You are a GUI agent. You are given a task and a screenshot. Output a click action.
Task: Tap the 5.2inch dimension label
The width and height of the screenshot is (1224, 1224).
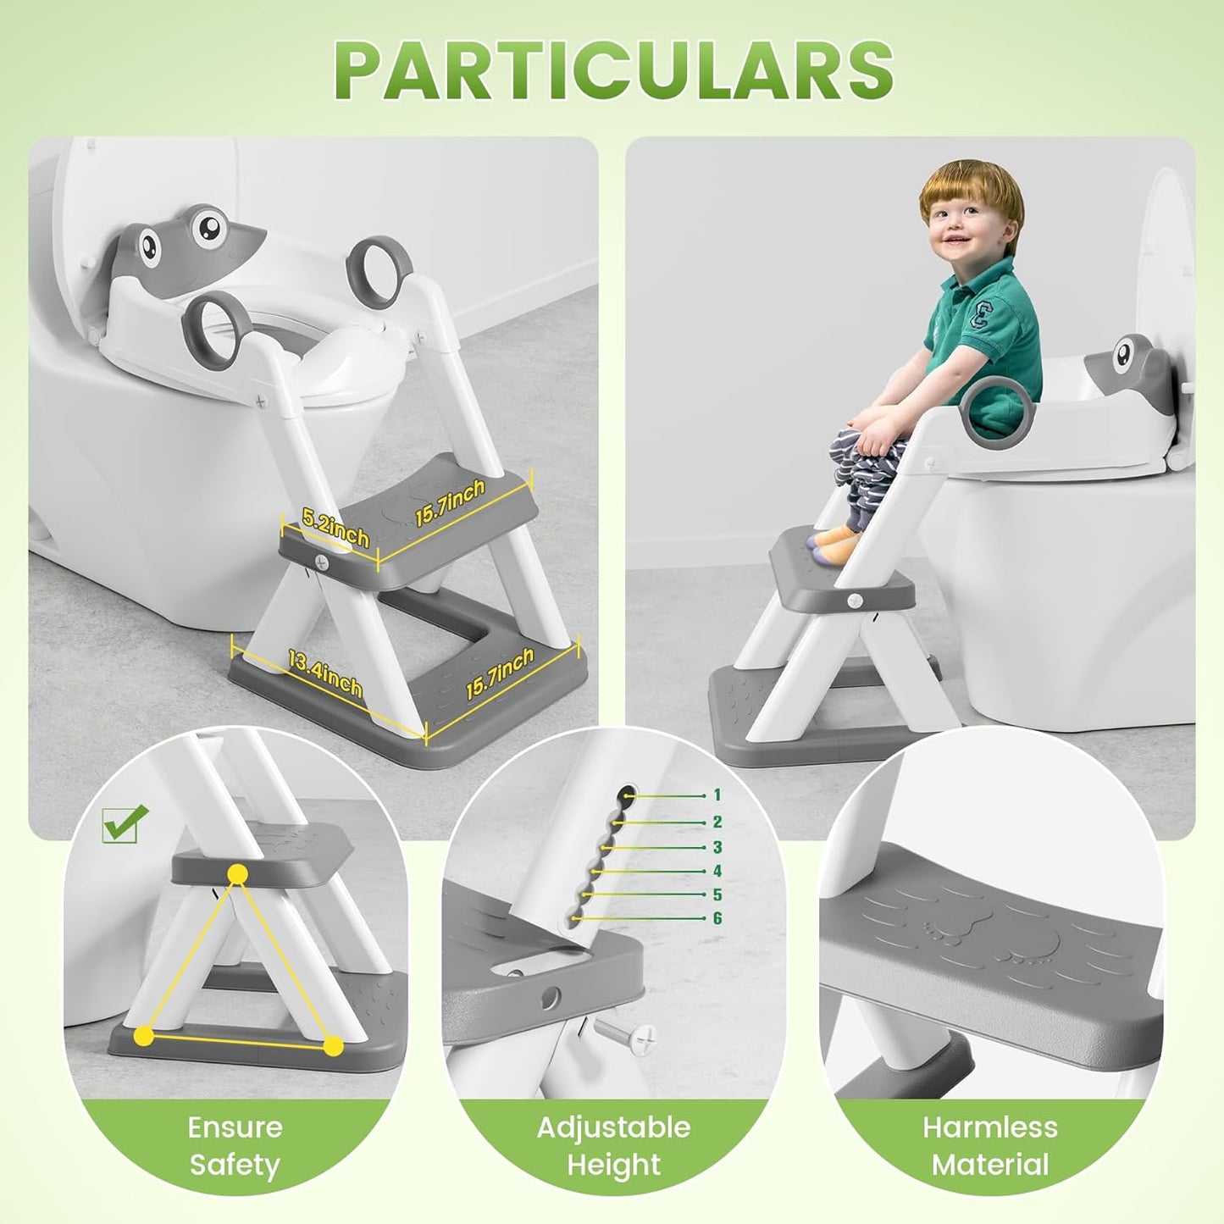(335, 527)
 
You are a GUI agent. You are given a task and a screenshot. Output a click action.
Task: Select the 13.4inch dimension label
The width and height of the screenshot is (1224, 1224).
(324, 675)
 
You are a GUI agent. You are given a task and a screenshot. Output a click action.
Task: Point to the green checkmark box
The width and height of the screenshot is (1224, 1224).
(124, 823)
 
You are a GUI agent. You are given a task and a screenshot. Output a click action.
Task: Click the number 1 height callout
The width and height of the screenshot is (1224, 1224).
(717, 795)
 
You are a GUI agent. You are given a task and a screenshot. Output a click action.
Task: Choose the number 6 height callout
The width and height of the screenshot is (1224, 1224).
(717, 918)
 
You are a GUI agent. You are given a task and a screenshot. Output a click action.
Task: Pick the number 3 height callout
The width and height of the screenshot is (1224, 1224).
(717, 847)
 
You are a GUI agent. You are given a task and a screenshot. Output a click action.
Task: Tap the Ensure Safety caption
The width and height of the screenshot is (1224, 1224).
(235, 1146)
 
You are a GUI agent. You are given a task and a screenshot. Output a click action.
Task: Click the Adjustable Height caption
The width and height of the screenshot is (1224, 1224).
(613, 1146)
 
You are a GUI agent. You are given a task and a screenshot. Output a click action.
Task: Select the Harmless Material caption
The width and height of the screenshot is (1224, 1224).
(990, 1146)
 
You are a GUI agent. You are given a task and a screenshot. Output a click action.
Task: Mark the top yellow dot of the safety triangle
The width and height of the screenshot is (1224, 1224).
(238, 874)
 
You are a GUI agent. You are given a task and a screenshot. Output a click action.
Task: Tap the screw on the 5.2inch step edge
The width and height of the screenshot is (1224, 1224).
(321, 561)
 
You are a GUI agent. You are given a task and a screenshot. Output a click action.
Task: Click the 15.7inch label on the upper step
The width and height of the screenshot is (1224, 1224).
(450, 502)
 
